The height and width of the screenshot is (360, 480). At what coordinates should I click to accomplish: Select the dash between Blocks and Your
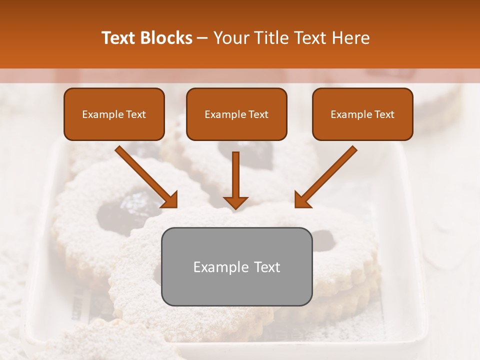[202, 38]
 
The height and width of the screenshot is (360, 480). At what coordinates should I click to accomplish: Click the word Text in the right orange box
[384, 114]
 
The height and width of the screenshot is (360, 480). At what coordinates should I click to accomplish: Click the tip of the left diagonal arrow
[176, 206]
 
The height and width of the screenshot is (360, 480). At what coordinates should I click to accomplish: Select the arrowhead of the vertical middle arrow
[235, 202]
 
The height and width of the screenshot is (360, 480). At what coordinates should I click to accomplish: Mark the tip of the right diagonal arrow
[296, 206]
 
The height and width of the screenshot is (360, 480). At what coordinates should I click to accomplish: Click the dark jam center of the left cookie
[120, 210]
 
